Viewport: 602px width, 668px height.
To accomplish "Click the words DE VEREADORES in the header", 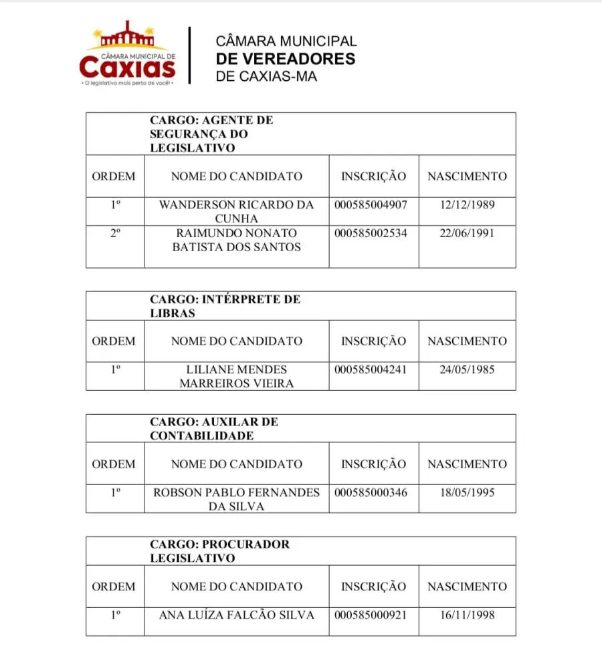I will tap(286, 59).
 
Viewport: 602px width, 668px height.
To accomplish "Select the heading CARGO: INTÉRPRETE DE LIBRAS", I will tap(225, 306).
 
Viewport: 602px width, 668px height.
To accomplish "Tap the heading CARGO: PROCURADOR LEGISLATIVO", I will tap(220, 551).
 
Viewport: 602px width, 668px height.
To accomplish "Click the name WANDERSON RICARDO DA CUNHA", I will tap(236, 211).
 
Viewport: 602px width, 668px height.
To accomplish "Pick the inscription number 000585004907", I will tap(371, 204).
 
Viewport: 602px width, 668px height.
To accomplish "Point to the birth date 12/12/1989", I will tap(468, 204).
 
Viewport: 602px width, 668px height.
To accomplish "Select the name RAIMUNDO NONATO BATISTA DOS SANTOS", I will tap(236, 240).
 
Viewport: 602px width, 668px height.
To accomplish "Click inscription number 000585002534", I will tap(371, 234).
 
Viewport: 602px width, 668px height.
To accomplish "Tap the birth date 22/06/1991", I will tap(468, 234).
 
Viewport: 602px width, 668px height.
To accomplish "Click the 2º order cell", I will tap(115, 234).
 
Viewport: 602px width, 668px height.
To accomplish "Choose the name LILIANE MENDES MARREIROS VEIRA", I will tap(236, 377).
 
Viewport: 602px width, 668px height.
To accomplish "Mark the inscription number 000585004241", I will tap(371, 369).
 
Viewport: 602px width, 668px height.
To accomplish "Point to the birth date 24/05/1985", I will tap(468, 369).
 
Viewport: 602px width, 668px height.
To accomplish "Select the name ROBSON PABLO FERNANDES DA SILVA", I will tap(236, 499).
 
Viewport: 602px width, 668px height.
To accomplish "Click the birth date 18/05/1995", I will tap(468, 492).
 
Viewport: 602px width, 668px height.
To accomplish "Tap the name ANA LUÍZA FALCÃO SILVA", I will tap(236, 615).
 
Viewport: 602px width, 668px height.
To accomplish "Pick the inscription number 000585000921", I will tap(371, 615).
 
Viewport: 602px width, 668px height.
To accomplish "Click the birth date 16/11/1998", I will tap(468, 615).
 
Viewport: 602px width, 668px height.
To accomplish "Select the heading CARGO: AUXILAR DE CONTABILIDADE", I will tap(214, 429).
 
